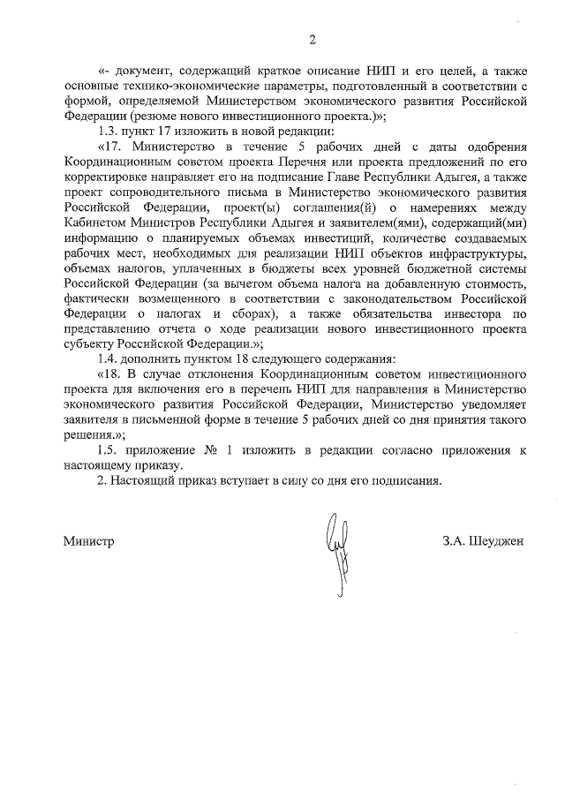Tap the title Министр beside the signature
click(x=88, y=539)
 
